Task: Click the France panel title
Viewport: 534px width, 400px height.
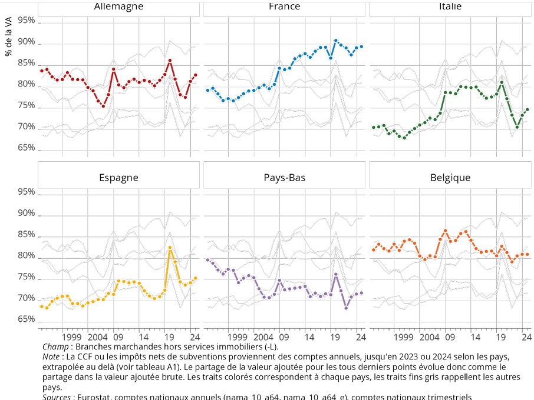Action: point(284,6)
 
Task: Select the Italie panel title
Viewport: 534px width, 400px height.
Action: point(450,6)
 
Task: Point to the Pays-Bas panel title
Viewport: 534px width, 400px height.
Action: point(284,177)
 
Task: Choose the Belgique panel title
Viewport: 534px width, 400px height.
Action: point(450,177)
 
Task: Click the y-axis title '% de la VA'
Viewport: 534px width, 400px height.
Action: point(8,36)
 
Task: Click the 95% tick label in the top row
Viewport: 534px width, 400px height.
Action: point(26,21)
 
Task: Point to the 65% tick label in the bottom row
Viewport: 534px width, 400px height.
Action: point(26,320)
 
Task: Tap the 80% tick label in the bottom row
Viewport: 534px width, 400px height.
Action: point(26,256)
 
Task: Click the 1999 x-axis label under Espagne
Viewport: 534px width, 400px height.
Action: point(71,337)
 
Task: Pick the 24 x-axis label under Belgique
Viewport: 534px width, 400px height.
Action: point(526,337)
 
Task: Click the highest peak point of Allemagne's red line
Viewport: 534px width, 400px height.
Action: point(170,60)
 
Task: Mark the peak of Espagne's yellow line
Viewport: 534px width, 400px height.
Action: point(170,248)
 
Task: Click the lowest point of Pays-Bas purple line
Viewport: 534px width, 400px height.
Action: point(346,308)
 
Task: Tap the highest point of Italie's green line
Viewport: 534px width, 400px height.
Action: point(502,82)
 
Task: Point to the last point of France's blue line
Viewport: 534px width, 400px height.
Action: point(361,46)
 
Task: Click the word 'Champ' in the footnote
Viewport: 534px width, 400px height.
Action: point(55,347)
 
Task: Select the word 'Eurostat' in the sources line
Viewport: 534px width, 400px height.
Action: point(95,397)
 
